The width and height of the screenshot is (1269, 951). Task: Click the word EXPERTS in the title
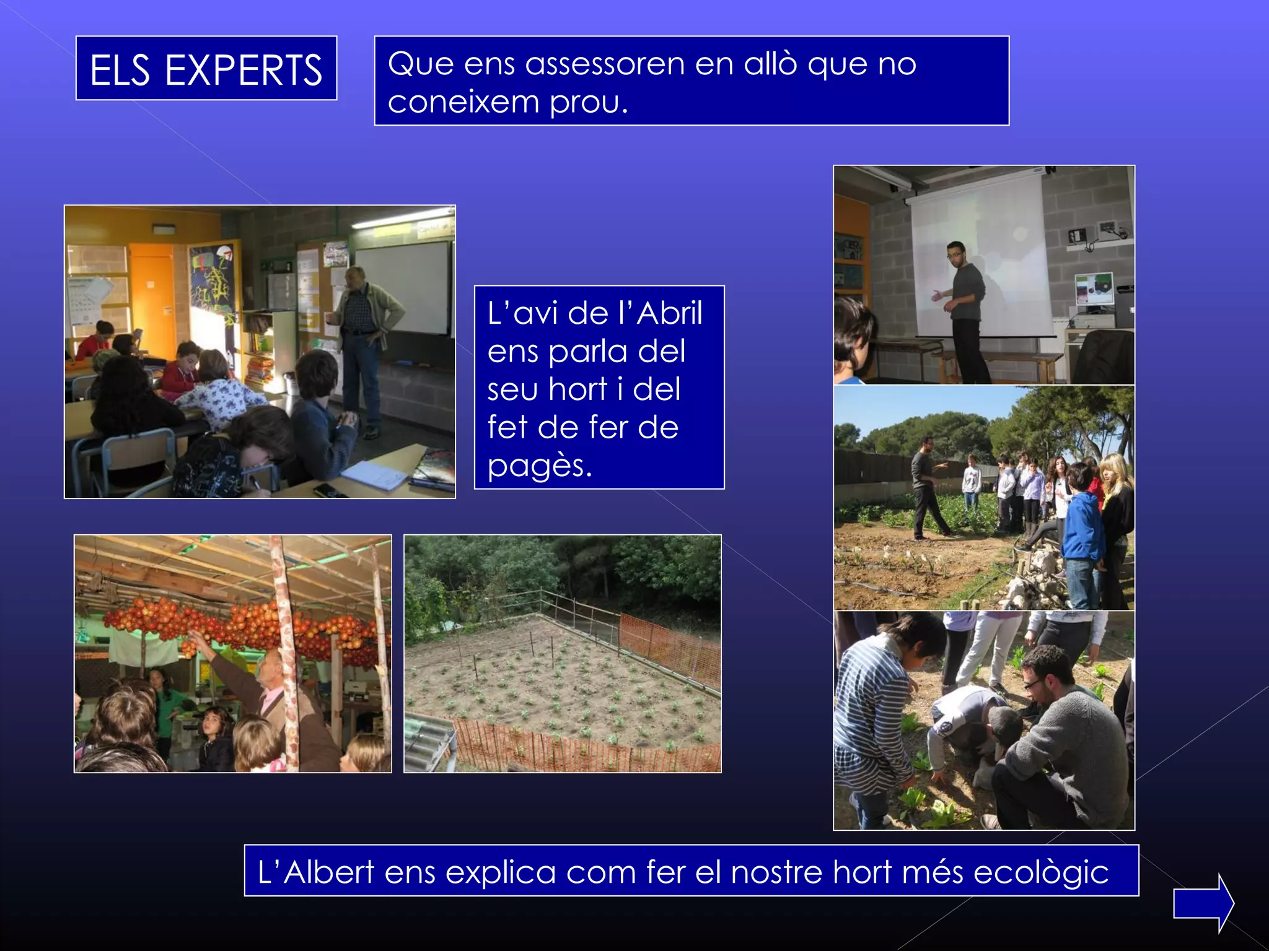[x=243, y=70]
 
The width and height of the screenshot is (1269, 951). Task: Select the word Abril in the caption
[x=669, y=313]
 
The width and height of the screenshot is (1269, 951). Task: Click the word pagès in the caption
[x=539, y=466]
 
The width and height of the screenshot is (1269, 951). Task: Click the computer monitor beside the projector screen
[x=1094, y=289]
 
